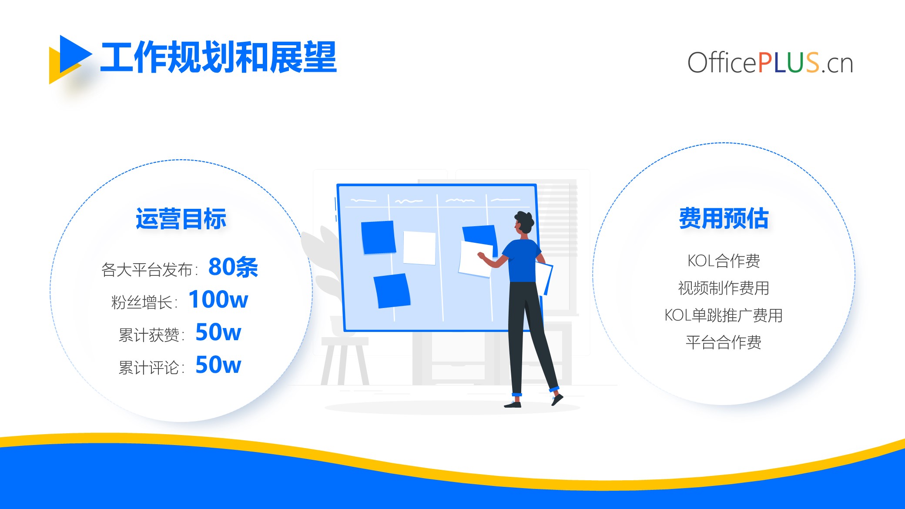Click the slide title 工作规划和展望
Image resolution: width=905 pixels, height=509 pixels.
click(218, 57)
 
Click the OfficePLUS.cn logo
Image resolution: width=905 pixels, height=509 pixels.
click(770, 63)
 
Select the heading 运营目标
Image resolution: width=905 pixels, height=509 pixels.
click(181, 218)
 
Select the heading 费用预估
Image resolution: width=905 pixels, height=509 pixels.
click(724, 218)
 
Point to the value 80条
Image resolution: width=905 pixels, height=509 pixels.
click(233, 267)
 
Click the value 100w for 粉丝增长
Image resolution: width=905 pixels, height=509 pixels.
click(218, 299)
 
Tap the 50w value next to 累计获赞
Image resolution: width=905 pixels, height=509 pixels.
click(218, 332)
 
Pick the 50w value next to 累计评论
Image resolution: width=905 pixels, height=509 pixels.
click(218, 365)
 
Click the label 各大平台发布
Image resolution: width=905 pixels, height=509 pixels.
click(147, 270)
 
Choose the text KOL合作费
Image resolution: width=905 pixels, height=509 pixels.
click(724, 261)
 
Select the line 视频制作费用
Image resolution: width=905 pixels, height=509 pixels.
click(724, 288)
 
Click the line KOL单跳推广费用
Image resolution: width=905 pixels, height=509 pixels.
click(724, 315)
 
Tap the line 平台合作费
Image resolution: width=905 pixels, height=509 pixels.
click(724, 342)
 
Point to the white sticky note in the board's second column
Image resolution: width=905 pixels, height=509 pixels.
click(419, 248)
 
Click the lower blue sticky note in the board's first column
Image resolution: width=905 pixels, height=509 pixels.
click(392, 291)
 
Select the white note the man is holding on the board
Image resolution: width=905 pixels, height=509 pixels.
click(475, 259)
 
